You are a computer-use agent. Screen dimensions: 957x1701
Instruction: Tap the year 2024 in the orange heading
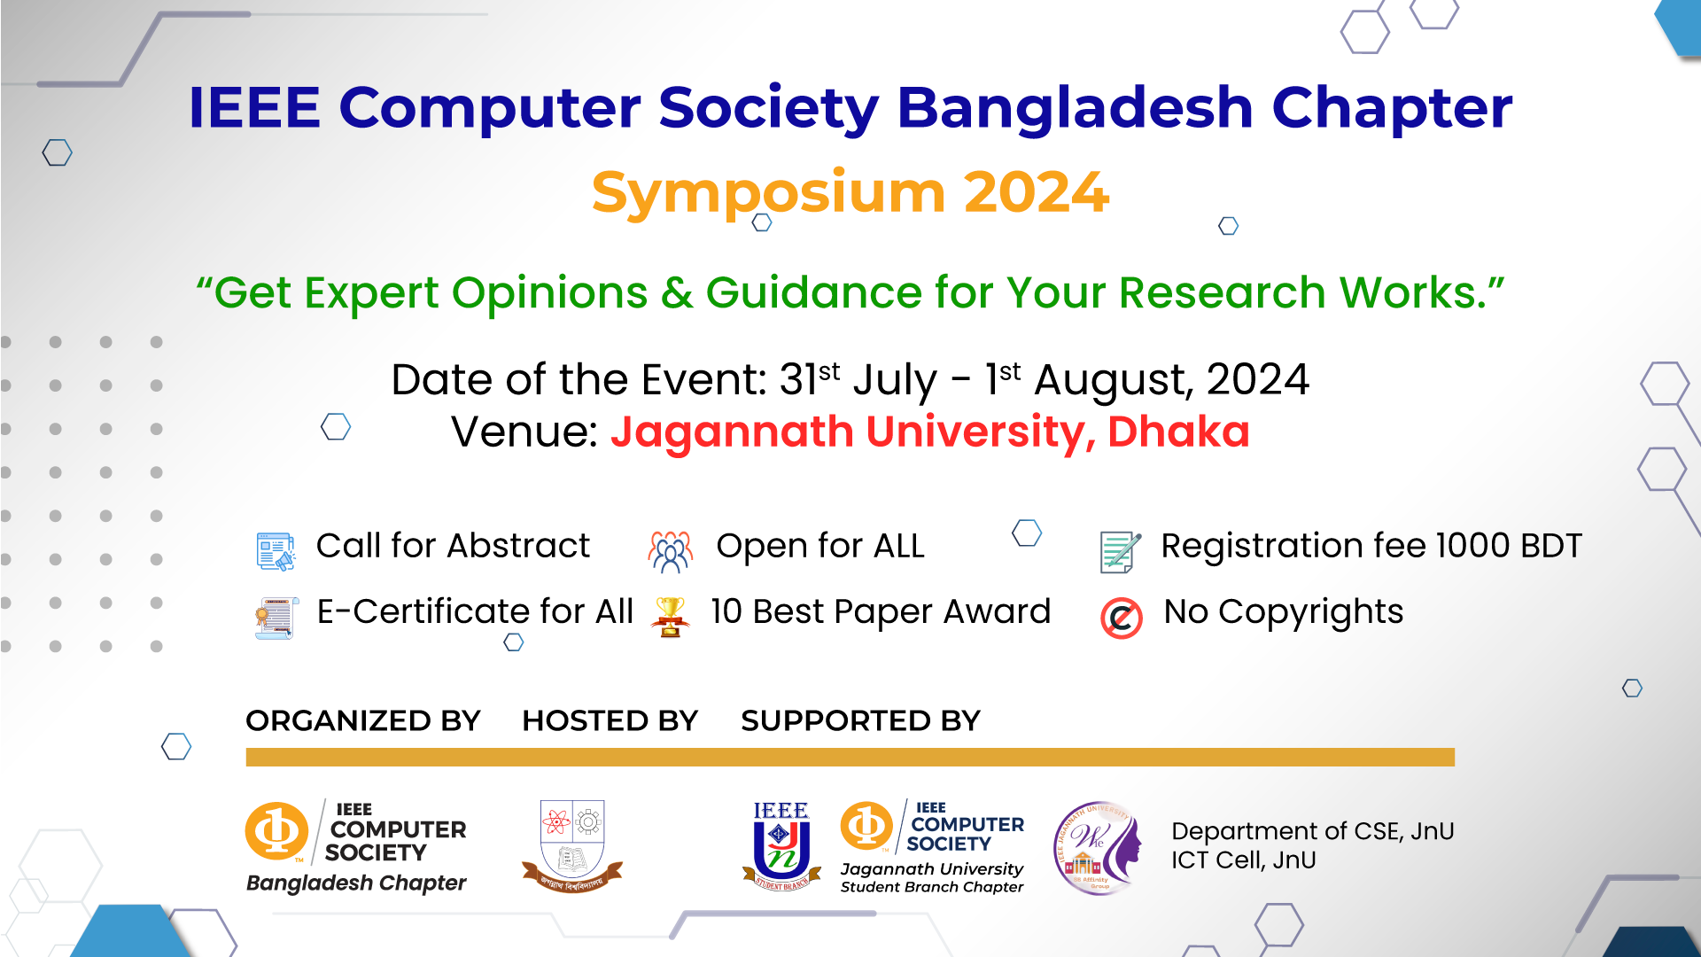pyautogui.click(x=1036, y=192)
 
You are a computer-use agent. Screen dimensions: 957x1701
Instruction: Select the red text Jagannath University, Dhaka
pyautogui.click(x=929, y=432)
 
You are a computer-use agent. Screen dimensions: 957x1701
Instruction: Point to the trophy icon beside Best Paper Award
pyautogui.click(x=671, y=616)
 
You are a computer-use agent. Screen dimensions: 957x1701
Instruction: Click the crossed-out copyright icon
pyautogui.click(x=1121, y=618)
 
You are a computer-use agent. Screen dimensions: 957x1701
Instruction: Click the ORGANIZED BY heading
pyautogui.click(x=362, y=721)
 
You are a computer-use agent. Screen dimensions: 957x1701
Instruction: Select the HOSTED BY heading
pyautogui.click(x=610, y=721)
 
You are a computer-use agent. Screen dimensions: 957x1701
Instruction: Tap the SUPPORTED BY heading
pyautogui.click(x=860, y=721)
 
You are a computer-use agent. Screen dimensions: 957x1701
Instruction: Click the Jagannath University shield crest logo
pyautogui.click(x=572, y=845)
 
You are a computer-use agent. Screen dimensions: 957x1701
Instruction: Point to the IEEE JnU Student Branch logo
pyautogui.click(x=781, y=845)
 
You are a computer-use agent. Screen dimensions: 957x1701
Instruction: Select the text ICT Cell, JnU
pyautogui.click(x=1243, y=860)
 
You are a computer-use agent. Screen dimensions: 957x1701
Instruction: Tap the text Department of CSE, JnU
pyautogui.click(x=1312, y=831)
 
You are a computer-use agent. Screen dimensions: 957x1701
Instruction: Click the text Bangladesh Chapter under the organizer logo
pyautogui.click(x=356, y=883)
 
